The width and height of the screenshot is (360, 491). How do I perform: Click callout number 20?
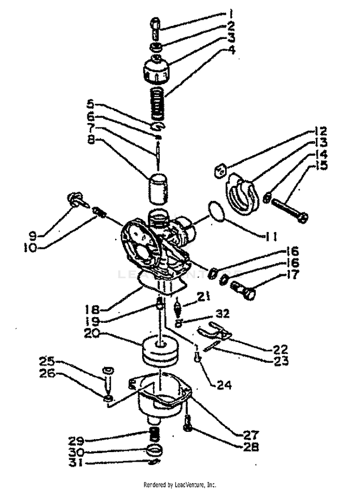93,333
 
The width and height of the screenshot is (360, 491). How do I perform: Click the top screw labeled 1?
156,28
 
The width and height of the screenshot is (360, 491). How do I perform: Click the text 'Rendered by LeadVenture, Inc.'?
180,485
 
